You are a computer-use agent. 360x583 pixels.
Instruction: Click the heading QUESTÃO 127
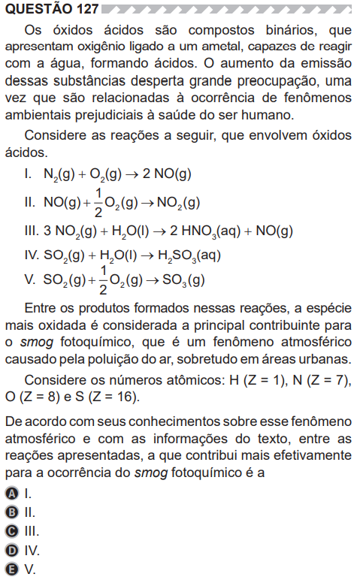(x=50, y=10)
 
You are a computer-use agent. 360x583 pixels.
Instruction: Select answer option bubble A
(x=11, y=494)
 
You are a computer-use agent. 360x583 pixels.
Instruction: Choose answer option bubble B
(x=11, y=513)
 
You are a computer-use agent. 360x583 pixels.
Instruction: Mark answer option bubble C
(x=11, y=532)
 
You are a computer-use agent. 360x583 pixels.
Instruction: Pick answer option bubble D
(x=11, y=551)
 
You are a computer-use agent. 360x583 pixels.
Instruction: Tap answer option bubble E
(x=11, y=569)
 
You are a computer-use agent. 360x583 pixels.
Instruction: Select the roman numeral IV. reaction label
(x=32, y=255)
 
